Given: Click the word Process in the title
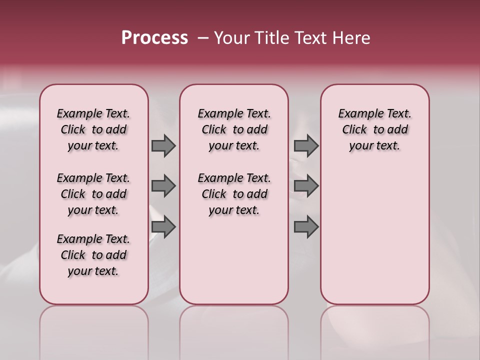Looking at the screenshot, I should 154,38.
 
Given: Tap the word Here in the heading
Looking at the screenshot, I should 351,38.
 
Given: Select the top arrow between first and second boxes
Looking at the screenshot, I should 163,145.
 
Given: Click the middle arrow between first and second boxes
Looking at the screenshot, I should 163,186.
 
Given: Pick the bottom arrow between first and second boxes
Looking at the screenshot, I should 163,227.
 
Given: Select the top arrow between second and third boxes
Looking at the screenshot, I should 306,145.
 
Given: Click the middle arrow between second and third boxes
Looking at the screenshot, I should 306,186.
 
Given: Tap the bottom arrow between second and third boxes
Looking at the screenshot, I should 306,227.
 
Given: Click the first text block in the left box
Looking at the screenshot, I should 93,129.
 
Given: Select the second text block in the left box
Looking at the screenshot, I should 93,194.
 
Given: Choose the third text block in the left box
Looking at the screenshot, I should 93,255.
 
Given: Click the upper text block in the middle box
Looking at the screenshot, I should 234,129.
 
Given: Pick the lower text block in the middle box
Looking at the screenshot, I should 234,194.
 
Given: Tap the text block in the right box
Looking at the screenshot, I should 374,129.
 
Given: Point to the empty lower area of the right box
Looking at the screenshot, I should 374,235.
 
